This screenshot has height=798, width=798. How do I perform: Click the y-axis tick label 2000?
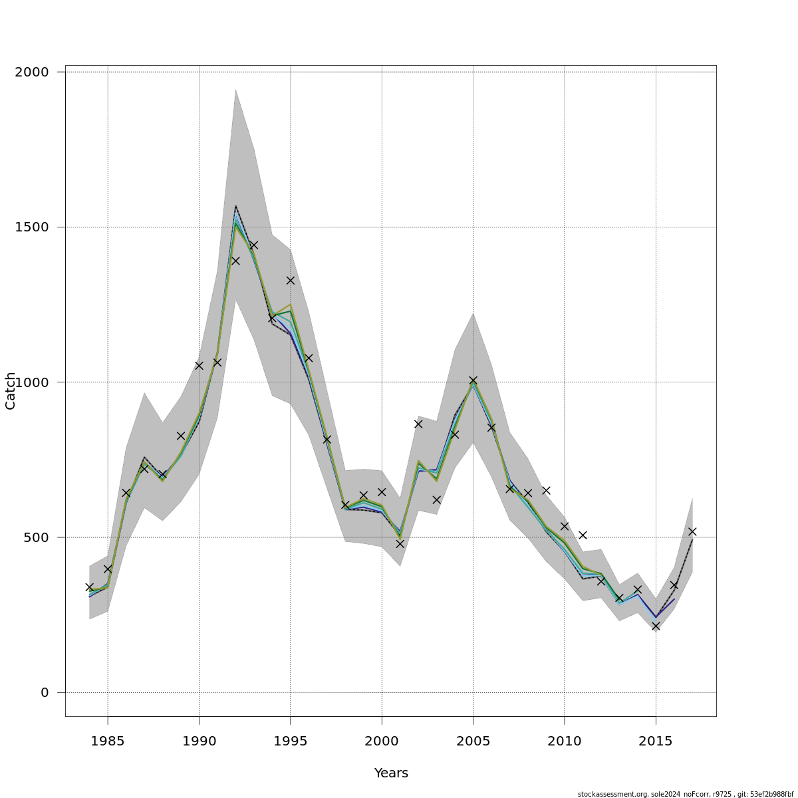(x=32, y=72)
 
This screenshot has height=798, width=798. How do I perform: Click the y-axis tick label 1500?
(x=32, y=227)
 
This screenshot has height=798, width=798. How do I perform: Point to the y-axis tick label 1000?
(x=32, y=382)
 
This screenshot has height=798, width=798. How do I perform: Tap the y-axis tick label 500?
(x=36, y=537)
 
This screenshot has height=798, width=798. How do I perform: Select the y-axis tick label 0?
(x=45, y=692)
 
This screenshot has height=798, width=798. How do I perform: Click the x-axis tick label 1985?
(x=108, y=739)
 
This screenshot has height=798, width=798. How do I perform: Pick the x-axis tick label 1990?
(x=199, y=739)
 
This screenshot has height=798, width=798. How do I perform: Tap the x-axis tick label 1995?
(x=291, y=739)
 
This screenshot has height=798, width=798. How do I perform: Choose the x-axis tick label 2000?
(x=382, y=739)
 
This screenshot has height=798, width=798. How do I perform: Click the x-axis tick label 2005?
(x=473, y=739)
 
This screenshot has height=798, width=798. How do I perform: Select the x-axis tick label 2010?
(x=565, y=739)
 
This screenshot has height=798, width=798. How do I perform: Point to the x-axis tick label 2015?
(x=656, y=739)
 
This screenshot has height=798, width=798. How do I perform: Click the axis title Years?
(x=391, y=773)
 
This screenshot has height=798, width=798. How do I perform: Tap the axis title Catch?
(x=11, y=391)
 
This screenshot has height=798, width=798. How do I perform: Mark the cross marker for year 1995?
(x=291, y=281)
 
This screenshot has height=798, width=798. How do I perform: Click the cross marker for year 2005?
(x=473, y=380)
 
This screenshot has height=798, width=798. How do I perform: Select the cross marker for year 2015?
(x=656, y=626)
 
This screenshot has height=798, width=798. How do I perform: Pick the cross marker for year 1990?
(x=199, y=365)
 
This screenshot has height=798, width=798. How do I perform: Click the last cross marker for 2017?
(x=692, y=531)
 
